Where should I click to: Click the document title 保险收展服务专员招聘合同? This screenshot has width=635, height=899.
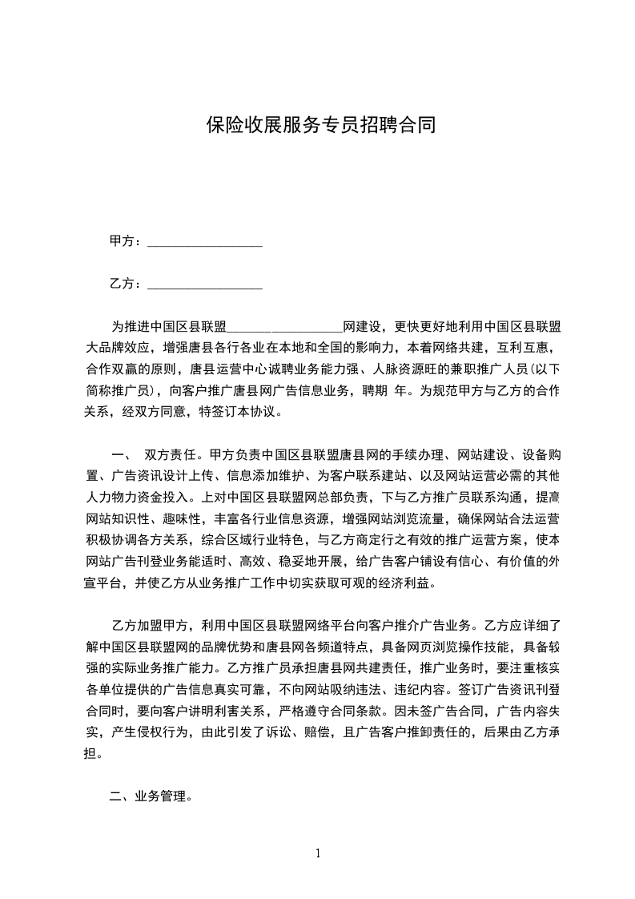tap(320, 125)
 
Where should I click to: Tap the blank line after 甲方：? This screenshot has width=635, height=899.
tap(206, 243)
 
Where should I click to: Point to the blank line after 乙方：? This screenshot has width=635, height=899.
tap(206, 286)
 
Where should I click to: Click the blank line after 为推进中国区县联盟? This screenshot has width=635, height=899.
tap(285, 329)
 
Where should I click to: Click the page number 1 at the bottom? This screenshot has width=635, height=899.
tap(318, 853)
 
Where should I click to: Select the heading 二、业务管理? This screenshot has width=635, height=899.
tap(149, 797)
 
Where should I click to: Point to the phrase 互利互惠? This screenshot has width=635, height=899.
tap(522, 349)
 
